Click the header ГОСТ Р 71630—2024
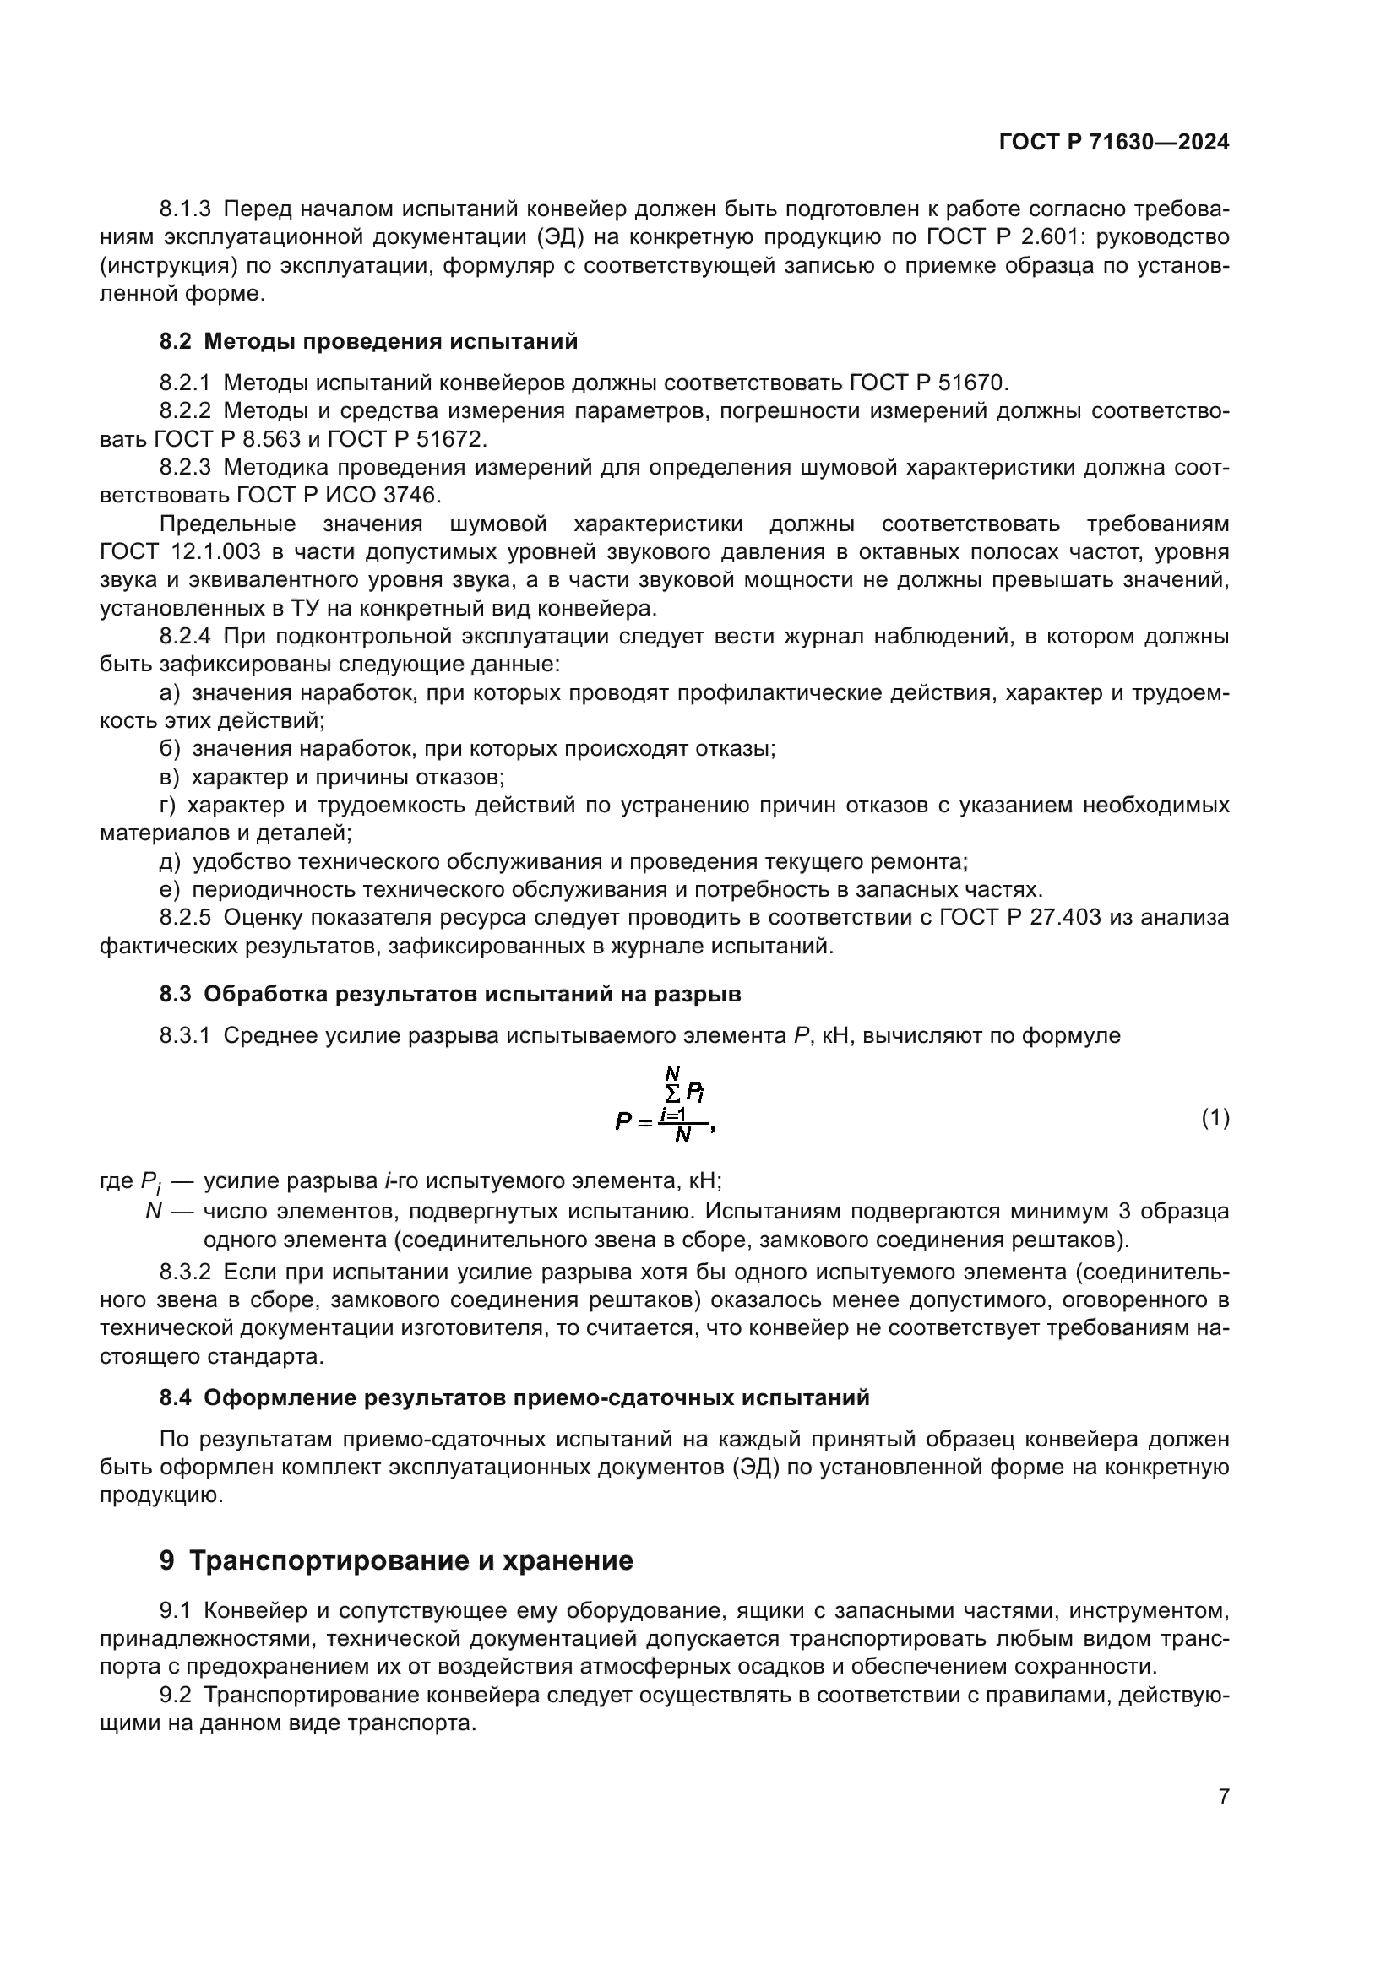click(1114, 143)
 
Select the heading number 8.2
click(176, 341)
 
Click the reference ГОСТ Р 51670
click(928, 383)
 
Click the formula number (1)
click(1215, 1118)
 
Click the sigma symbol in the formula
click(671, 1093)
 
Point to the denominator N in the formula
click(683, 1136)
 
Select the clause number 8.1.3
click(185, 209)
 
